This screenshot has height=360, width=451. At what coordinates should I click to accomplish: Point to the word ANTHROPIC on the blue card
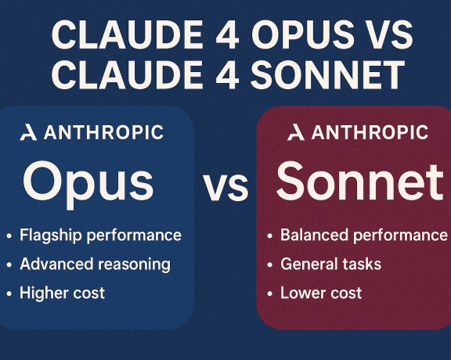click(103, 133)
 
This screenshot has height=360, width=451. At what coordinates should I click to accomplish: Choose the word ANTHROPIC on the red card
click(369, 133)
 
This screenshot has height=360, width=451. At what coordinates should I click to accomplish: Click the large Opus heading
click(88, 182)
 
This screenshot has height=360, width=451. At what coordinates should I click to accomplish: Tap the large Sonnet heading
click(359, 182)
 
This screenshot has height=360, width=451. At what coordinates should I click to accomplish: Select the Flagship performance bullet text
click(100, 235)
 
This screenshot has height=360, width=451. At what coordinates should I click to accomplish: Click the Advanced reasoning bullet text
click(95, 264)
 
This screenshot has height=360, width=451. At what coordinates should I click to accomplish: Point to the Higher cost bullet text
click(62, 293)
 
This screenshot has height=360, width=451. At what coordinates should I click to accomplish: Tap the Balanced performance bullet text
click(363, 235)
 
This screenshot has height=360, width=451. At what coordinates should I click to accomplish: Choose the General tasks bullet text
click(330, 264)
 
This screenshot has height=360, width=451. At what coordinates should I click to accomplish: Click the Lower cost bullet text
click(321, 293)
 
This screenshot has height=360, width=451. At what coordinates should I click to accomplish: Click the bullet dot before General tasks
click(269, 265)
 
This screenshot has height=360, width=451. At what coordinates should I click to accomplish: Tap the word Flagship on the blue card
click(49, 235)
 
